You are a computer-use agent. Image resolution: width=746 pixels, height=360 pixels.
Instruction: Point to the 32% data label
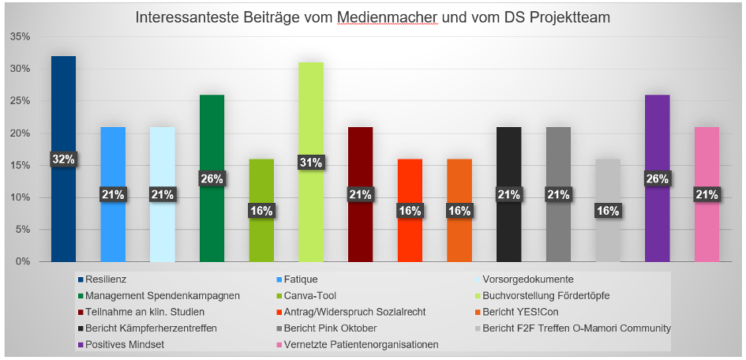coord(63,159)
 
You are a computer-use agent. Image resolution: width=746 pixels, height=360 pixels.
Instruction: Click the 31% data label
coord(311,163)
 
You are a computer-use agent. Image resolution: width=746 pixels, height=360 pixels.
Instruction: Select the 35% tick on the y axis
coord(21,37)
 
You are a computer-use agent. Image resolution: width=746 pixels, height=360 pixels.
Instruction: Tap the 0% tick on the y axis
coord(24,261)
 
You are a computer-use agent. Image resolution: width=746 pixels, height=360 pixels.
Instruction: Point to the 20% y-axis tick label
coord(21,133)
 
